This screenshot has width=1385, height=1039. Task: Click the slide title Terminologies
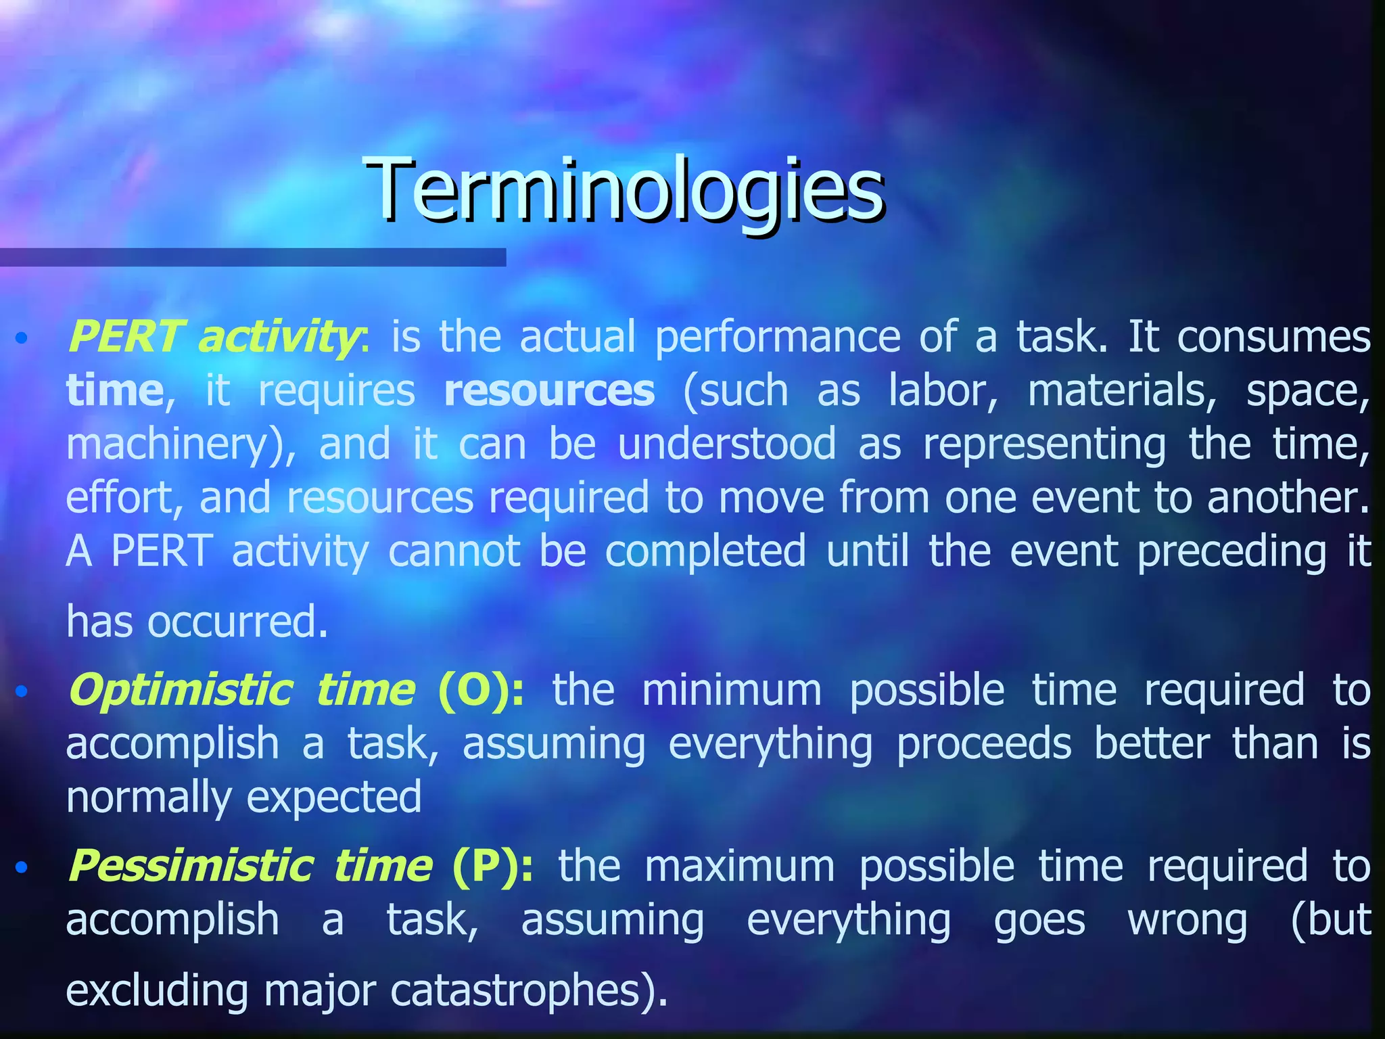pos(625,190)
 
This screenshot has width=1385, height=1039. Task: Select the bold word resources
pos(549,391)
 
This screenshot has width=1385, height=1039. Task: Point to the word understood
pos(726,444)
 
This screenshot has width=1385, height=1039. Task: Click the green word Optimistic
pos(180,691)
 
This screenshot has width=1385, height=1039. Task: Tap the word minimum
pos(731,691)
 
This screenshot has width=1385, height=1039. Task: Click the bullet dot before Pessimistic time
pos(22,867)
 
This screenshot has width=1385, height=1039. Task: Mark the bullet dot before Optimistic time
pos(22,691)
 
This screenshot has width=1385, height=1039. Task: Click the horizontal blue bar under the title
pos(252,257)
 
